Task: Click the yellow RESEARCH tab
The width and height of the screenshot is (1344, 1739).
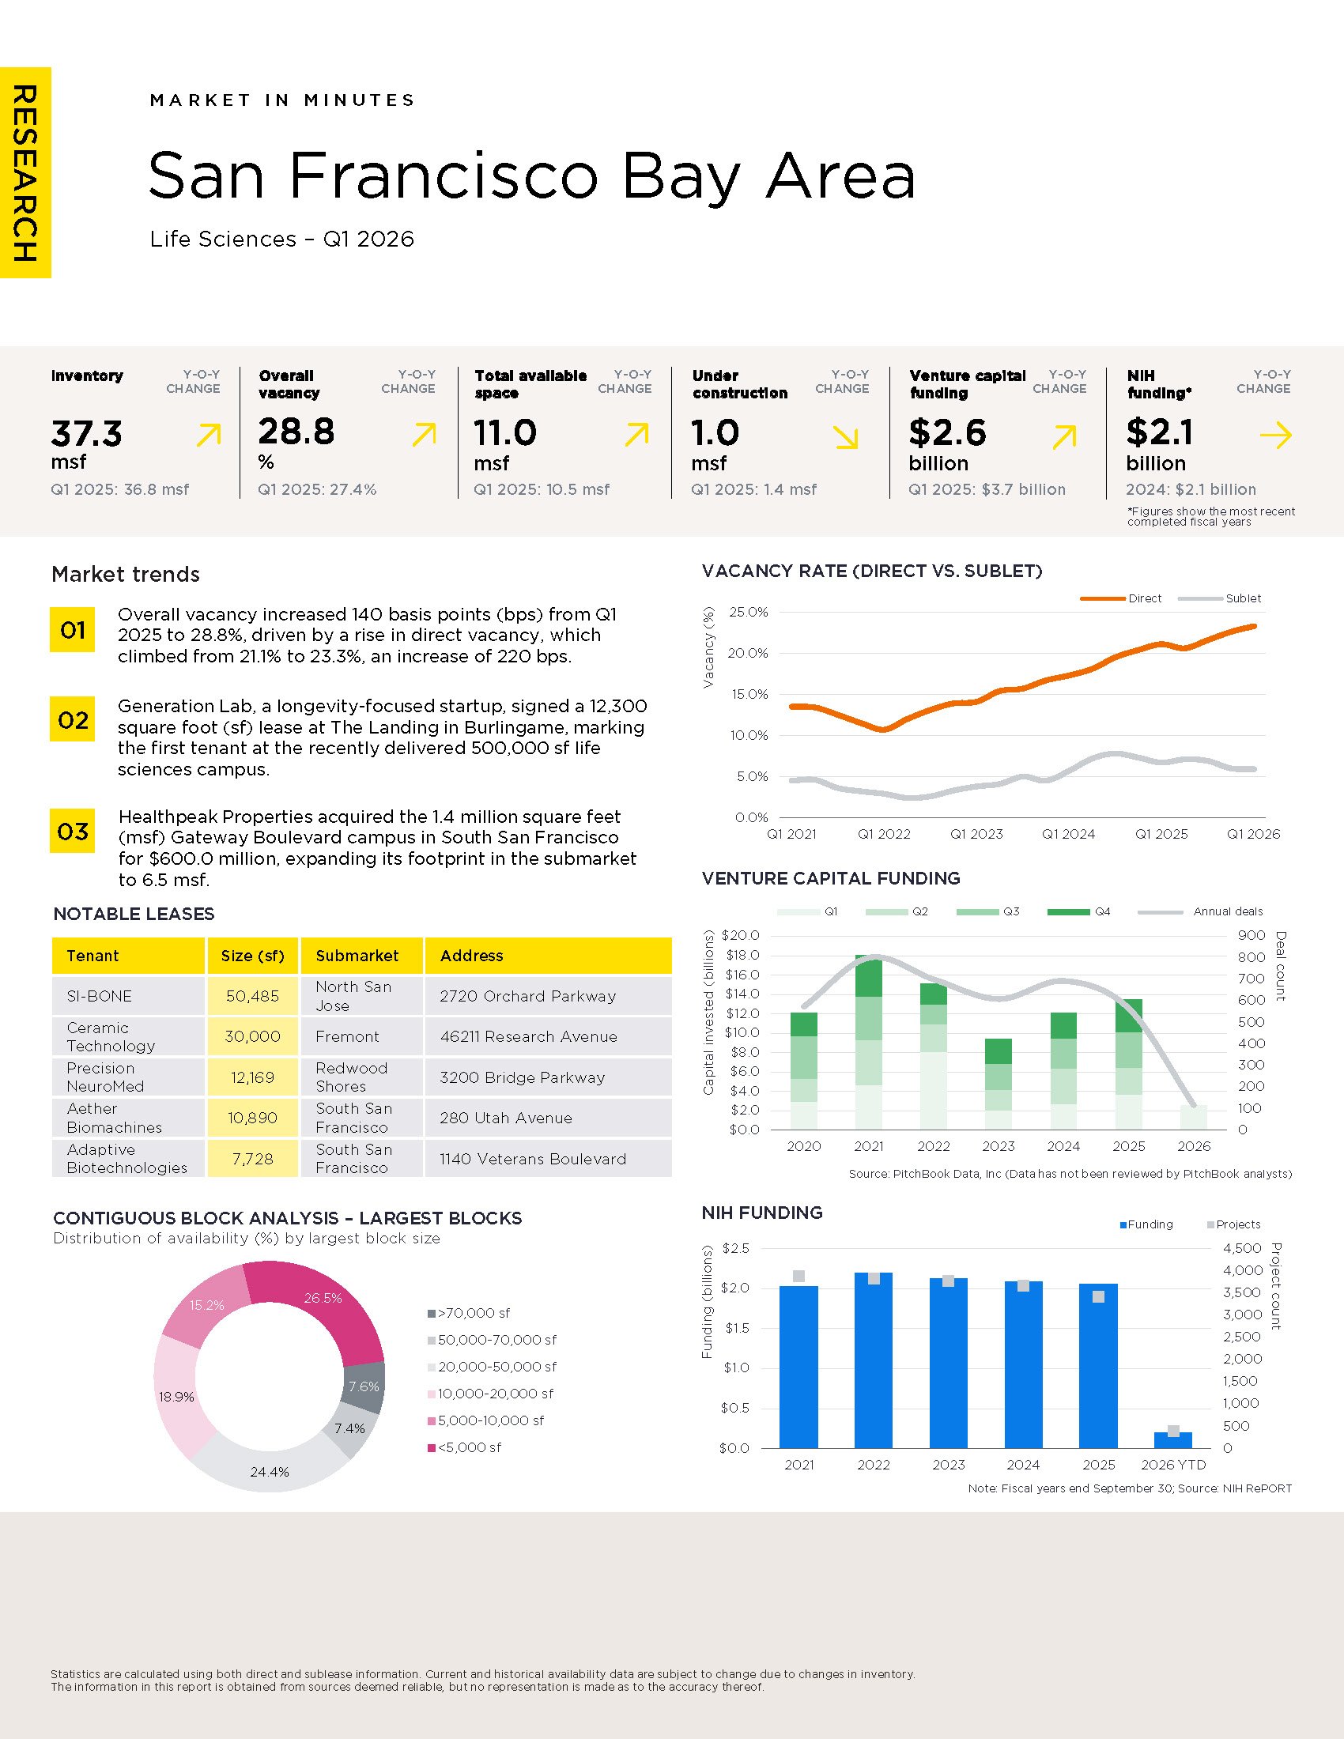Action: [25, 173]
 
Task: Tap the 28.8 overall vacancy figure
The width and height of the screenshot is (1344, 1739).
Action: [296, 432]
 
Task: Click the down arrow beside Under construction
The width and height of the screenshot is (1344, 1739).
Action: [846, 437]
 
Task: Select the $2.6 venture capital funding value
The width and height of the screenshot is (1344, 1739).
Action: [947, 432]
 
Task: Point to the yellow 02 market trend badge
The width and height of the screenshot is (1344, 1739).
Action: [73, 719]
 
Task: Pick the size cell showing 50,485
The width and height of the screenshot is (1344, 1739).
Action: [252, 996]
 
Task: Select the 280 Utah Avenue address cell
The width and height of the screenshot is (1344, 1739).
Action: [548, 1118]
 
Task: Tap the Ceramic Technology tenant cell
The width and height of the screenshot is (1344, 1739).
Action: [128, 1037]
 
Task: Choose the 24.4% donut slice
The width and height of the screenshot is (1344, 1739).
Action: [269, 1463]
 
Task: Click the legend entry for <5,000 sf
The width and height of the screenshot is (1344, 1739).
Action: [465, 1447]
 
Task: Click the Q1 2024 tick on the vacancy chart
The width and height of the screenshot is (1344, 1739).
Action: [1069, 835]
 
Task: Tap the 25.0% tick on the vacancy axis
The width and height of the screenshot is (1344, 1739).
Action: [749, 613]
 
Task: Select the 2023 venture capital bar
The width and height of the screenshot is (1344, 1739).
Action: [999, 1084]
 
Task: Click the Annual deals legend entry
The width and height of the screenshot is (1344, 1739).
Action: [1201, 911]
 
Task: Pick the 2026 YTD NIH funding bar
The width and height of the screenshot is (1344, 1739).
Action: [1172, 1440]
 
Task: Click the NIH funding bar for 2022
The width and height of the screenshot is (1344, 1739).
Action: [874, 1361]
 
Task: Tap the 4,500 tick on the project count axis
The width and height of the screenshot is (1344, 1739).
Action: [1242, 1247]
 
